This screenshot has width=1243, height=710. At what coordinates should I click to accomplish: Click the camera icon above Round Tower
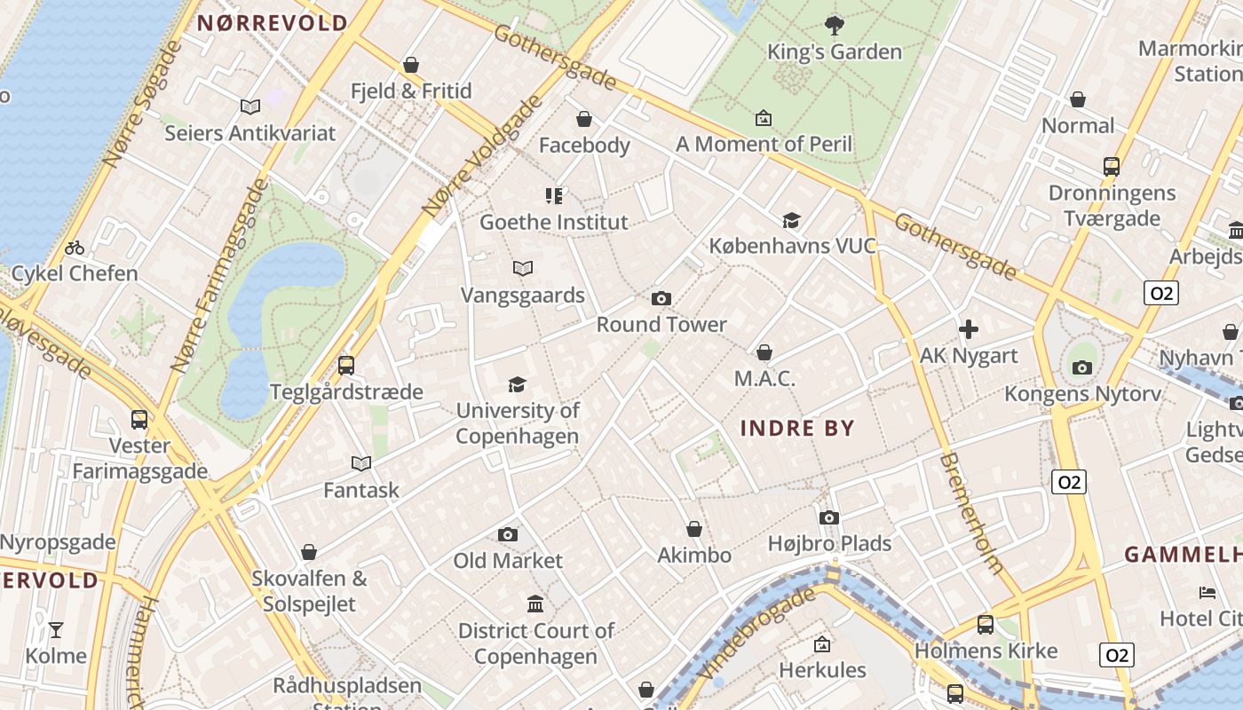pyautogui.click(x=661, y=299)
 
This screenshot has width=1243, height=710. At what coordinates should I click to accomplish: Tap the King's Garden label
pyautogui.click(x=834, y=52)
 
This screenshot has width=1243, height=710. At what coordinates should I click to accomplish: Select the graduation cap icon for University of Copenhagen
pyautogui.click(x=517, y=384)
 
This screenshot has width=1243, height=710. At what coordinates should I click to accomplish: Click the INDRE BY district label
pyautogui.click(x=797, y=429)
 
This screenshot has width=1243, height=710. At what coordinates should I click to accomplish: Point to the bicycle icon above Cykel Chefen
pyautogui.click(x=75, y=248)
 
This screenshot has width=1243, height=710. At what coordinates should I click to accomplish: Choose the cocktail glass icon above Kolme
pyautogui.click(x=56, y=630)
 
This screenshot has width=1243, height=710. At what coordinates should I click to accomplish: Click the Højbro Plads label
pyautogui.click(x=829, y=543)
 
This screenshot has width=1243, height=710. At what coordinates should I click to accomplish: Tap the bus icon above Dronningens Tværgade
pyautogui.click(x=1111, y=167)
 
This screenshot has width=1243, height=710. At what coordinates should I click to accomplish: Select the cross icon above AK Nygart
pyautogui.click(x=968, y=330)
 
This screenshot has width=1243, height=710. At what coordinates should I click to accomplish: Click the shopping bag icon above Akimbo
pyautogui.click(x=694, y=530)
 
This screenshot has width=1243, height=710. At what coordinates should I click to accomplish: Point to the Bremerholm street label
pyautogui.click(x=971, y=513)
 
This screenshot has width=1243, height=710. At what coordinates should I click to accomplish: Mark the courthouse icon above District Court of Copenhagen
pyautogui.click(x=535, y=604)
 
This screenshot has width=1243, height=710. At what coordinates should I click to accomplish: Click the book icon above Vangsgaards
pyautogui.click(x=523, y=268)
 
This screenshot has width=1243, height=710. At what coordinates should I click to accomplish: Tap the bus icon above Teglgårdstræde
pyautogui.click(x=346, y=365)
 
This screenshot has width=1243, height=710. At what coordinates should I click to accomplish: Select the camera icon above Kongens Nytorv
pyautogui.click(x=1081, y=367)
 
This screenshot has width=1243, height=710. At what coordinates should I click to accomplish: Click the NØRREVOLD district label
pyautogui.click(x=272, y=24)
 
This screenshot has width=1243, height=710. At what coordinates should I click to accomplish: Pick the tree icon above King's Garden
pyautogui.click(x=834, y=25)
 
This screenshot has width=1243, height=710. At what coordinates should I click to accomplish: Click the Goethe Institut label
pyautogui.click(x=553, y=222)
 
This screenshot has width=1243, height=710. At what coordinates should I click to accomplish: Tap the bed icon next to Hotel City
pyautogui.click(x=1207, y=592)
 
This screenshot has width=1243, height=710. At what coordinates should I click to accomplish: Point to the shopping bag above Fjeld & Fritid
pyautogui.click(x=410, y=65)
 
